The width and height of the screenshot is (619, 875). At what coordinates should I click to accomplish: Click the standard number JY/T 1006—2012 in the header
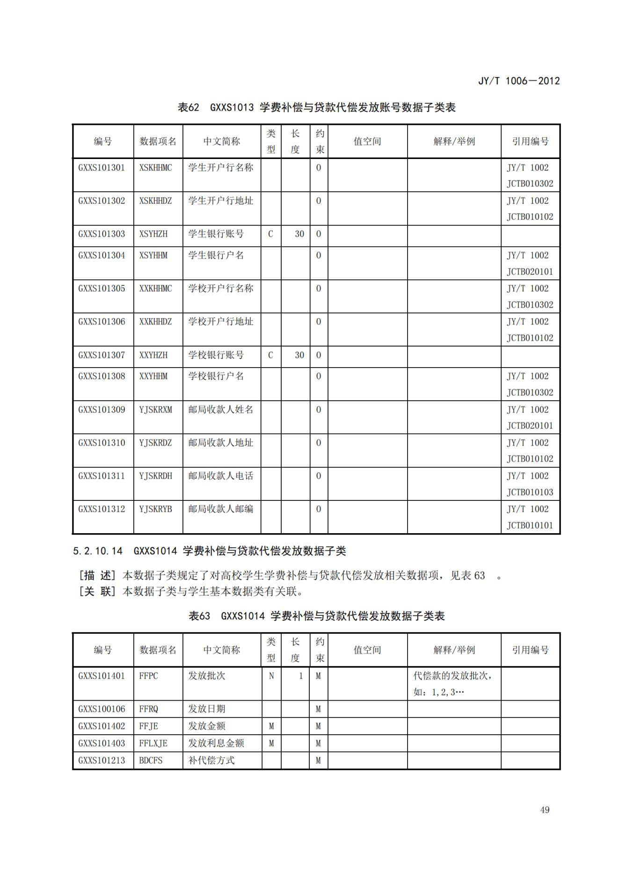[518, 80]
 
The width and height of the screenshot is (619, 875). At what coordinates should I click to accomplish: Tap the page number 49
[545, 810]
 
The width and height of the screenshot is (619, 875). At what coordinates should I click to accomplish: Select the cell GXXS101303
[102, 234]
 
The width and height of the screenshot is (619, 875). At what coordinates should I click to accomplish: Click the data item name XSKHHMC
[155, 167]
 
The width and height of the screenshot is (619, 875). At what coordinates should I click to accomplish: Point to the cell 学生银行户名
[216, 255]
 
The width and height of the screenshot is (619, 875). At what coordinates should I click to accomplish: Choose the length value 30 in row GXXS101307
[299, 355]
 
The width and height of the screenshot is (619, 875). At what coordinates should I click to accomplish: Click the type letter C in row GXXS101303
[270, 234]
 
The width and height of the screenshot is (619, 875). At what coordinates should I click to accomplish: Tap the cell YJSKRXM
[155, 410]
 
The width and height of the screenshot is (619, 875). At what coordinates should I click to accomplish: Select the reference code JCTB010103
[530, 492]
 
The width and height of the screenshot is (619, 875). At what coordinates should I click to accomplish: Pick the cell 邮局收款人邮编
[220, 509]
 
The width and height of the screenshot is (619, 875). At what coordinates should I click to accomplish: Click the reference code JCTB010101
[530, 525]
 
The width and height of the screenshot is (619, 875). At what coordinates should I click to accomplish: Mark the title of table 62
[316, 108]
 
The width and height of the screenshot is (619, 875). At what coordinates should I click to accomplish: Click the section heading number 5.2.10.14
[98, 551]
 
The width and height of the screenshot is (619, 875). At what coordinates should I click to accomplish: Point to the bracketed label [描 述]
[97, 575]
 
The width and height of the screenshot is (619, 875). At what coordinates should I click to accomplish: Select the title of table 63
[316, 616]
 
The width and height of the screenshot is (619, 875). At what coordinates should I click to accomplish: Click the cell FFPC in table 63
[148, 676]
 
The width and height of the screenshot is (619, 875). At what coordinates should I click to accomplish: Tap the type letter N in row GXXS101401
[271, 676]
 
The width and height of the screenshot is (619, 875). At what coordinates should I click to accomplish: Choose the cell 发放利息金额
[217, 743]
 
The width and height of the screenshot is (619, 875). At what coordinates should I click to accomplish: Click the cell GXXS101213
[102, 760]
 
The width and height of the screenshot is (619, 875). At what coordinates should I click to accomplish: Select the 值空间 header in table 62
[367, 141]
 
